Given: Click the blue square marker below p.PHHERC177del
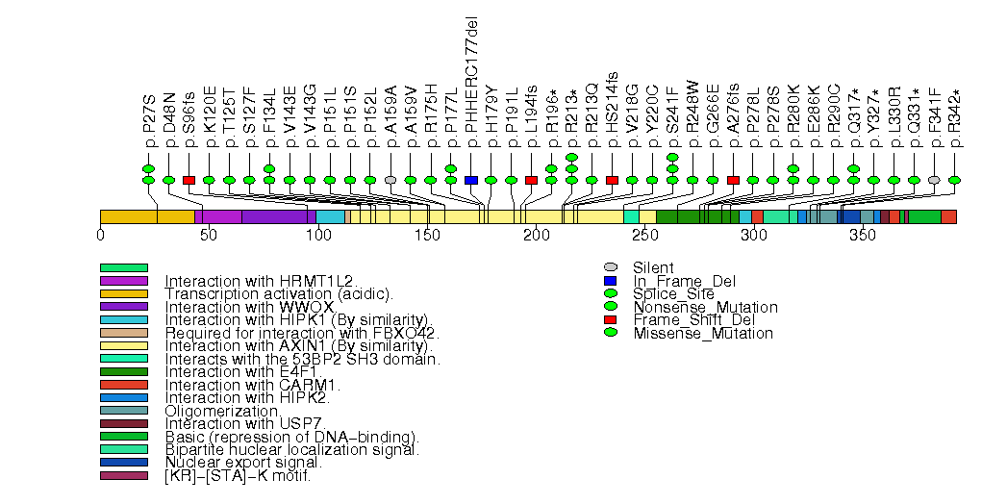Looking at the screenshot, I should (470, 180).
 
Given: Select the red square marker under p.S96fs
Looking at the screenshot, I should (189, 180).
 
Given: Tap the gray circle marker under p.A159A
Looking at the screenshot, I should (390, 180).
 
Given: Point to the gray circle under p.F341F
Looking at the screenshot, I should (934, 180).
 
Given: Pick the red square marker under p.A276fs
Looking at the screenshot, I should (733, 180).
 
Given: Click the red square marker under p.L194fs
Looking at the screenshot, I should (531, 180).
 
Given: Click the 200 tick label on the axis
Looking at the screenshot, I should (536, 235).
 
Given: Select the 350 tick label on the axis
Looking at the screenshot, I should (863, 235).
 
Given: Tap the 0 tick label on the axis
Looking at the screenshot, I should (101, 235).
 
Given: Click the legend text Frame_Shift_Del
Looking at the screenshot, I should (686, 320).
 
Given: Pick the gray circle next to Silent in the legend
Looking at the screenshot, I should (610, 267).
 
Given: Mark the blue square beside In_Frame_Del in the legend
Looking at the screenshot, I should (610, 281).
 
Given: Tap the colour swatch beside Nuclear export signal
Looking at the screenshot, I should (123, 463).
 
